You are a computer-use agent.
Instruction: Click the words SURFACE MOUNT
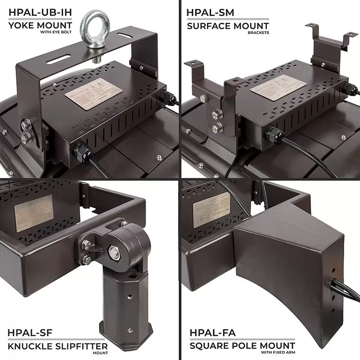tap(228, 26)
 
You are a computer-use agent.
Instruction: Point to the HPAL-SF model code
tap(31, 333)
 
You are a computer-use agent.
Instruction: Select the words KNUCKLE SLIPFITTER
tap(58, 346)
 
